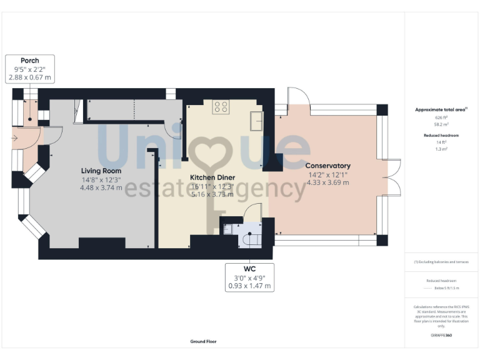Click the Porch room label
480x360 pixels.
[29, 61]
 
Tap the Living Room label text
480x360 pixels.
[101, 170]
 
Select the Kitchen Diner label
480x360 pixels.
[212, 177]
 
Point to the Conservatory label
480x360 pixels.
[327, 166]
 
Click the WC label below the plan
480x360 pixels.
[249, 268]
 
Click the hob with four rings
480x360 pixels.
[221, 106]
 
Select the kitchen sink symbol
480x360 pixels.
[256, 120]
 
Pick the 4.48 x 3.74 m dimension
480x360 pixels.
[101, 187]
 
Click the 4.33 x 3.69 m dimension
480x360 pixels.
[327, 182]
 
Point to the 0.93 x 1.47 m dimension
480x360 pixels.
[249, 286]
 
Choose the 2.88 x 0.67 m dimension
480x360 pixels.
[29, 77]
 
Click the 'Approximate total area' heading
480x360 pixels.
[441, 109]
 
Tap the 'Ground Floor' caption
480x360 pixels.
[203, 342]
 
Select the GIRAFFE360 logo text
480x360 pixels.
[441, 336]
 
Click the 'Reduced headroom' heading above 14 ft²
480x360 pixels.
[441, 135]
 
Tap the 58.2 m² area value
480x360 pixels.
[441, 124]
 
